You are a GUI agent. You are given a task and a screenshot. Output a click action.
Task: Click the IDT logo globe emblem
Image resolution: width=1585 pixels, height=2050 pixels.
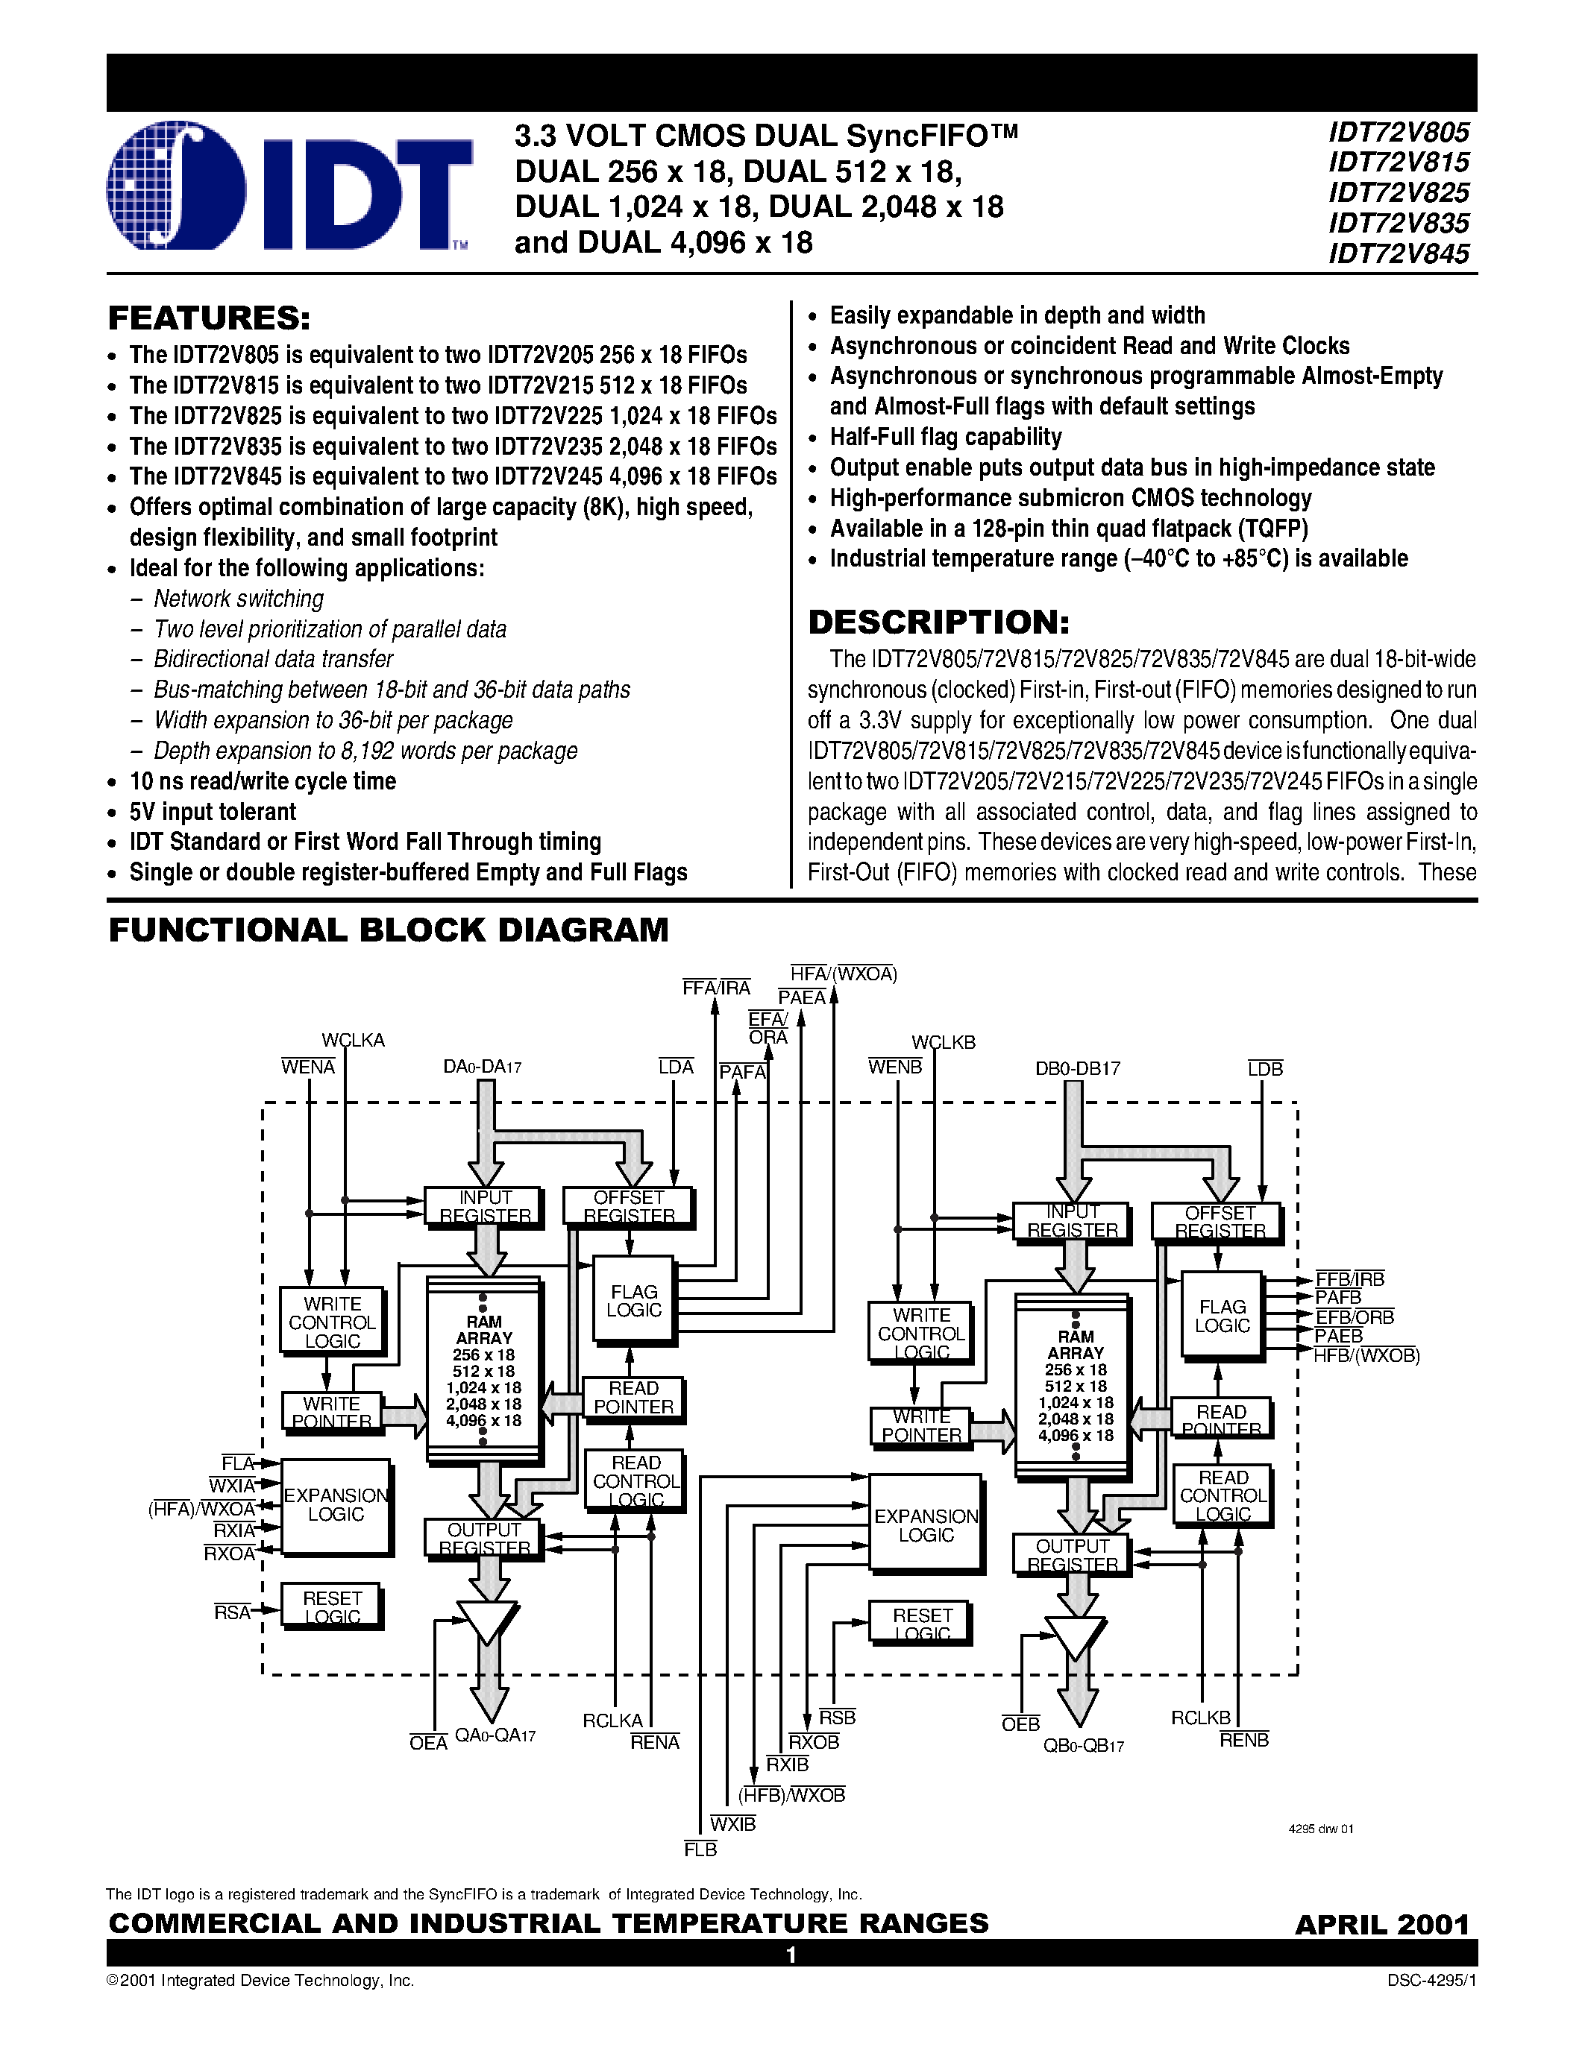coord(177,185)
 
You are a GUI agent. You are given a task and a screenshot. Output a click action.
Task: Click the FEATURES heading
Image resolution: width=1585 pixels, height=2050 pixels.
coord(208,318)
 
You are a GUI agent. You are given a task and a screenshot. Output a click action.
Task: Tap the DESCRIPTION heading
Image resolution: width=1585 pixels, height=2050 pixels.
coord(938,622)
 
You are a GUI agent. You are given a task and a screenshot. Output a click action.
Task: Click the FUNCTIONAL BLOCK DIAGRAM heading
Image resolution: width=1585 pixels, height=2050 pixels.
coord(389,930)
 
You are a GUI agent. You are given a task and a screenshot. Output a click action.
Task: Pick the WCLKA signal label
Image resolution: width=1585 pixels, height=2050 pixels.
coord(353,1040)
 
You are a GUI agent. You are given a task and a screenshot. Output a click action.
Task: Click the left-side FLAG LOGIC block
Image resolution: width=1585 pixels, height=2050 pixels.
coord(634,1301)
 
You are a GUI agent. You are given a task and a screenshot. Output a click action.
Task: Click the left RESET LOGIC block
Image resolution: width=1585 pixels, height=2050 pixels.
coord(333,1606)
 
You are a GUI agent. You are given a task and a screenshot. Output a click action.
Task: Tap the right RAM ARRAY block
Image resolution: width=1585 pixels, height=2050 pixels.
coord(1075,1384)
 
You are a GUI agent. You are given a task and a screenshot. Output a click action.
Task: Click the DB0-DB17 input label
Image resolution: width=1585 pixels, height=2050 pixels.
coord(1077,1068)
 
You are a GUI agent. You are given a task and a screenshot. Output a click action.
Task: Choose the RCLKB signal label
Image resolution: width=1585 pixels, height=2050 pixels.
coord(1200,1718)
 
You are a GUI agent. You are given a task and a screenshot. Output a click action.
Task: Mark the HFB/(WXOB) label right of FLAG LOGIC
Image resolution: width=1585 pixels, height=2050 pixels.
coord(1366,1355)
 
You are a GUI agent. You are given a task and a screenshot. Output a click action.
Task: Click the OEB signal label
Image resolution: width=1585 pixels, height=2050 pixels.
coord(1020,1724)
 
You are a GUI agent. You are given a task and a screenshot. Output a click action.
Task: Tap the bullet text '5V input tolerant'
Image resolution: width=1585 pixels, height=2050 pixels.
coord(213,812)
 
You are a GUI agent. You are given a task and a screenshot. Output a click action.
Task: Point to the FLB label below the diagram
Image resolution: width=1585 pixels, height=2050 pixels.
coord(700,1849)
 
